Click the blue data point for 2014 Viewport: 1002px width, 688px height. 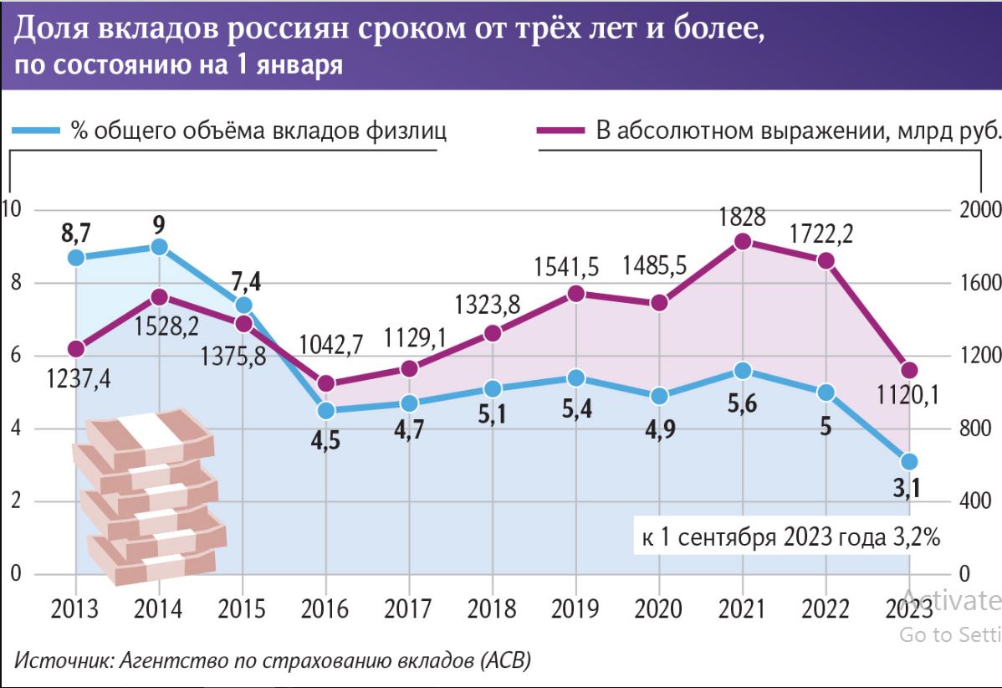coord(159,247)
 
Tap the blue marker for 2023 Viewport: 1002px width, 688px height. coord(910,462)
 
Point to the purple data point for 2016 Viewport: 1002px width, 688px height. coord(326,384)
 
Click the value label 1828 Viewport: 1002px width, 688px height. coord(742,217)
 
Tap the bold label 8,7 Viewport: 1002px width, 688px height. coord(76,234)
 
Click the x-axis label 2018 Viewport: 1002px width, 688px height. coord(493,608)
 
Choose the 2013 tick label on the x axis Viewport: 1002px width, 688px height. coord(75,608)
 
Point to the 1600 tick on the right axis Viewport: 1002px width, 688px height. coord(974,283)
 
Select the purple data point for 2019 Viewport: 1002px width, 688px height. coord(576,293)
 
